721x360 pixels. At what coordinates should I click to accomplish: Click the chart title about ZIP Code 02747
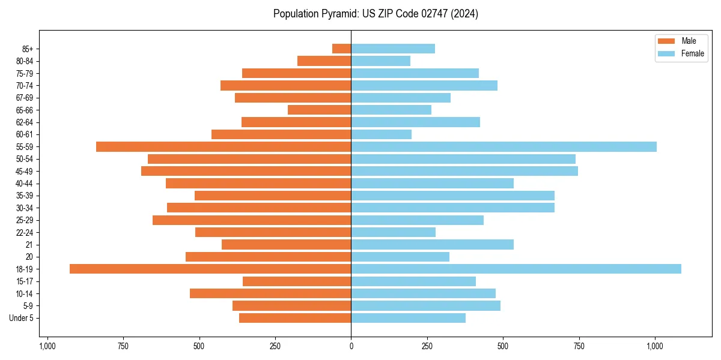(376, 14)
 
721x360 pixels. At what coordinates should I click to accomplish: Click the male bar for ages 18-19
(210, 269)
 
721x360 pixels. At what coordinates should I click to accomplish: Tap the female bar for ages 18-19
(516, 269)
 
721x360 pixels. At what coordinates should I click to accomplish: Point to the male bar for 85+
(342, 49)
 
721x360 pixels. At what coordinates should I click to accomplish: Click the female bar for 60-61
(382, 134)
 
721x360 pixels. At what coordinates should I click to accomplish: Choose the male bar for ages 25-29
(252, 220)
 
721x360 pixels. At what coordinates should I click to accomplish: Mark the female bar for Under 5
(409, 318)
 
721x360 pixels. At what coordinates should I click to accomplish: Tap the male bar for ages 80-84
(324, 61)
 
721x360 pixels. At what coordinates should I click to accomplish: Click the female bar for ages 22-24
(394, 232)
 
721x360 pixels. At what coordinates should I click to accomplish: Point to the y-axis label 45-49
(25, 171)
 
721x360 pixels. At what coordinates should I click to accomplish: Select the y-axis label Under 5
(22, 318)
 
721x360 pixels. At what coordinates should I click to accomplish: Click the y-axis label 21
(29, 245)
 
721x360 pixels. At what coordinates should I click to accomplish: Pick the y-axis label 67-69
(25, 98)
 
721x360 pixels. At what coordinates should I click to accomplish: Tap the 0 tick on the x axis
(351, 346)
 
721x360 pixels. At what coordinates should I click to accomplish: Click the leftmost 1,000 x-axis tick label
(47, 346)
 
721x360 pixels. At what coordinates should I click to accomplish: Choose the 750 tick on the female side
(579, 346)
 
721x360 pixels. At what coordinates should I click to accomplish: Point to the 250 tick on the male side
(275, 346)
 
